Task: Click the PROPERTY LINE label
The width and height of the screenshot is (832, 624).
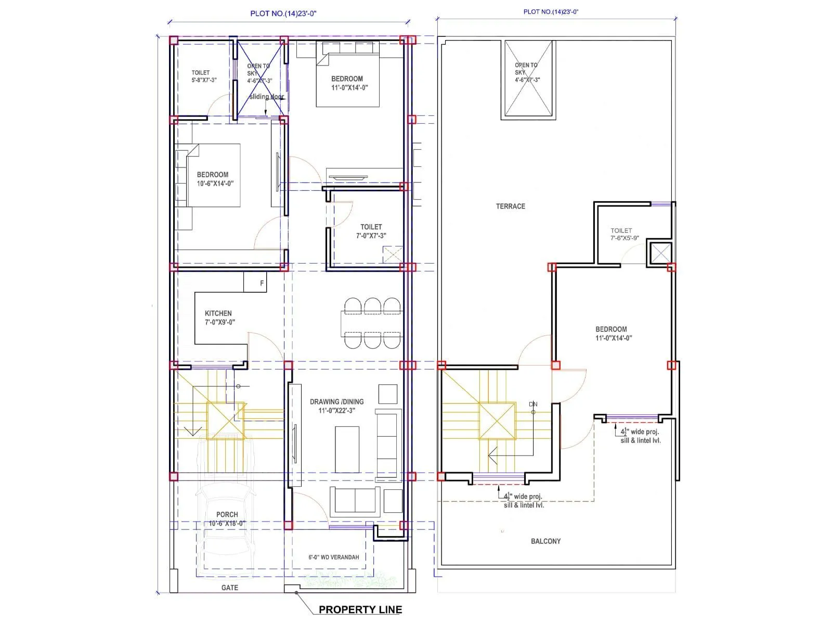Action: pyautogui.click(x=360, y=609)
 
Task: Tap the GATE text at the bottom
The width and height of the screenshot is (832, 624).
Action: pyautogui.click(x=229, y=588)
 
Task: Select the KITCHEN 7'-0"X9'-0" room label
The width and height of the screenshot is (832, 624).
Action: pyautogui.click(x=219, y=317)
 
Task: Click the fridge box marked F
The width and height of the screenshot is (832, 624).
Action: pyautogui.click(x=262, y=283)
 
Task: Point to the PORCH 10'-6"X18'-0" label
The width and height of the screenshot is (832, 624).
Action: pyautogui.click(x=227, y=518)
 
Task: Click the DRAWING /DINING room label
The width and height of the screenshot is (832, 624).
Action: pyautogui.click(x=336, y=406)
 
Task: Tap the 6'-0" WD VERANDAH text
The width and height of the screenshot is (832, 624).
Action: pyautogui.click(x=333, y=557)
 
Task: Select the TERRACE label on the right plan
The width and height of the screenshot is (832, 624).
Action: pyautogui.click(x=510, y=206)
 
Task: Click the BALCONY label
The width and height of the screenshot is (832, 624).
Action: pyautogui.click(x=545, y=541)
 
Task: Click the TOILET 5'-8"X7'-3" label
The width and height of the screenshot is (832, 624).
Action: pyautogui.click(x=203, y=76)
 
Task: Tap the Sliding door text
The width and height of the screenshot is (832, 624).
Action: pyautogui.click(x=266, y=97)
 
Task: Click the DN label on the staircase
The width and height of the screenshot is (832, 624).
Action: pyautogui.click(x=532, y=404)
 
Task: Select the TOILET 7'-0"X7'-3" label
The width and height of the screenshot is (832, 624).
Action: pyautogui.click(x=371, y=231)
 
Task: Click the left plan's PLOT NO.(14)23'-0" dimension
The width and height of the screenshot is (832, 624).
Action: pyautogui.click(x=283, y=14)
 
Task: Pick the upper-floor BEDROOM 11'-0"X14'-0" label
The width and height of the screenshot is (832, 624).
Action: pyautogui.click(x=613, y=333)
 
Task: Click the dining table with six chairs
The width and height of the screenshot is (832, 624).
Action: pyautogui.click(x=371, y=323)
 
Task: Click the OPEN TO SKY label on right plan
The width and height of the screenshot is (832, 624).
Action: pyautogui.click(x=527, y=72)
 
